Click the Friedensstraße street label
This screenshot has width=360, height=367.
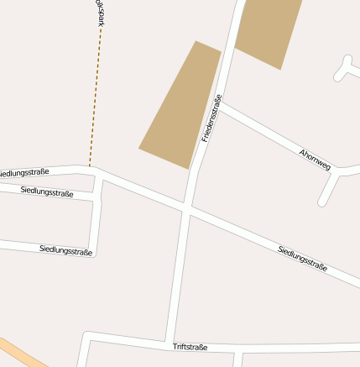click(211, 118)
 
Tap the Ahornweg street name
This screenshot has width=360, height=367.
click(316, 159)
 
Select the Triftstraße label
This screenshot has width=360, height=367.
click(190, 347)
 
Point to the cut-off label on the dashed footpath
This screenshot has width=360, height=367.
click(99, 16)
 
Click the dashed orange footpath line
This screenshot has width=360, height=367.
click(94, 101)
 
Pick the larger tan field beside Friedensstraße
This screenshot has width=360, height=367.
click(180, 104)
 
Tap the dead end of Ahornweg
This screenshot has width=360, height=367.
click(322, 202)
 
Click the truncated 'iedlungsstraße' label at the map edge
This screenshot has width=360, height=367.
click(24, 173)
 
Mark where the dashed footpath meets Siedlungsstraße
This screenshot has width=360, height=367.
click(90, 167)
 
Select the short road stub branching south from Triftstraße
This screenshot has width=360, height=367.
click(238, 359)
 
